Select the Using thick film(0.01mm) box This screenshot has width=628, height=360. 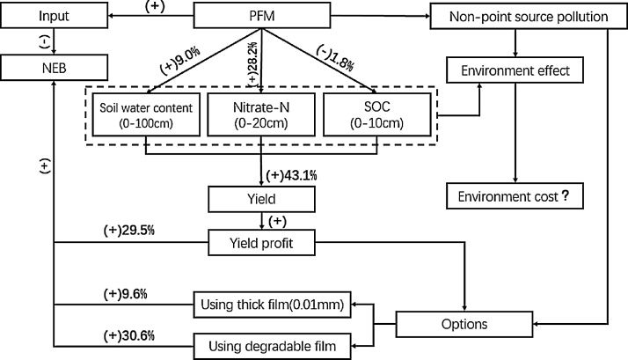point(272,305)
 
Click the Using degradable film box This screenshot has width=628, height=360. point(272,343)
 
